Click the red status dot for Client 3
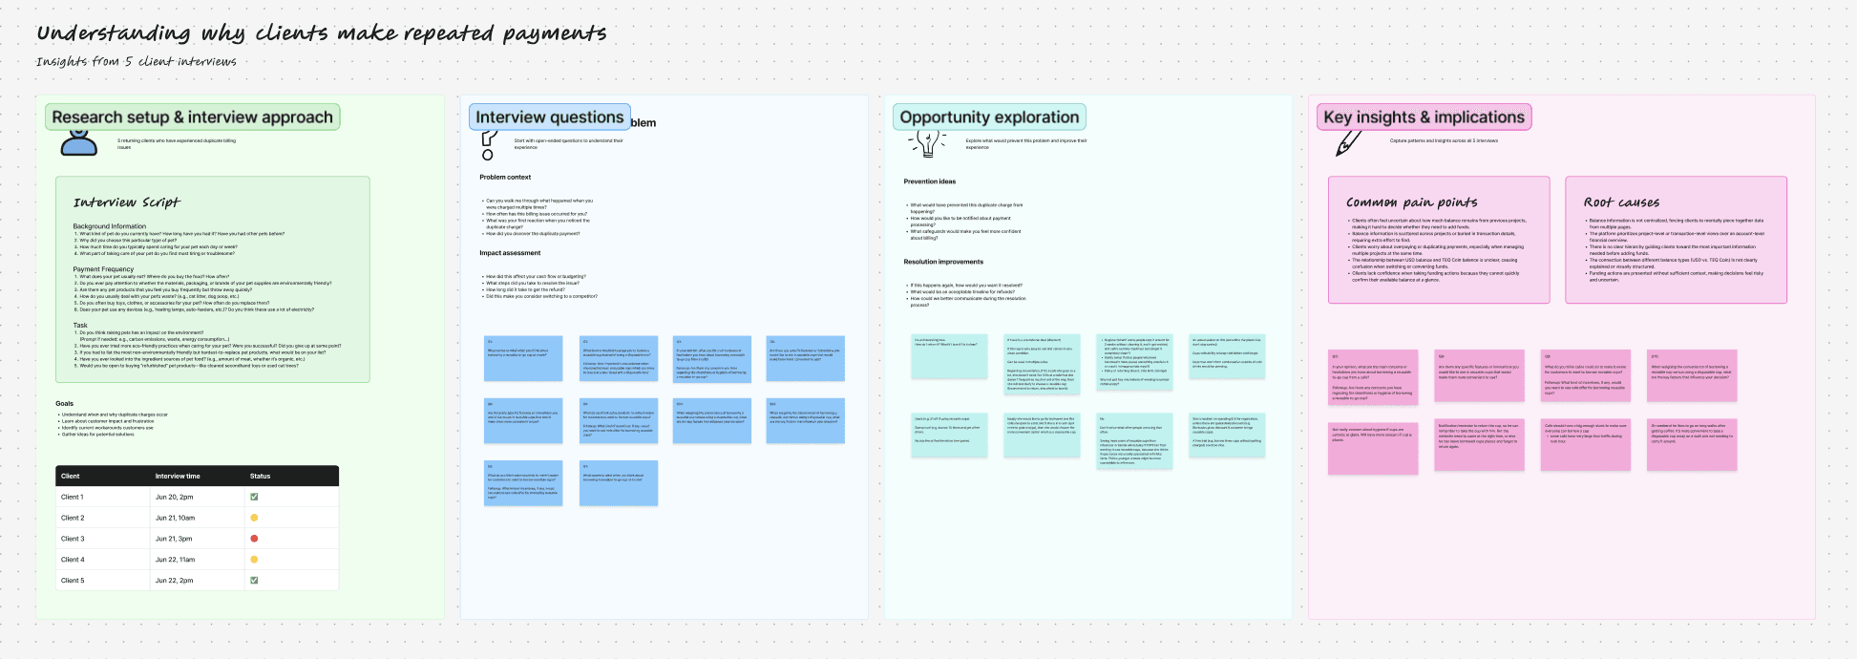pos(254,539)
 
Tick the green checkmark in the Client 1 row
pos(254,497)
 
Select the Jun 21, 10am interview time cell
pos(175,518)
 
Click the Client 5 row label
pos(73,581)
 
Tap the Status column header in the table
pos(260,476)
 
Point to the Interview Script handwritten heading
pos(126,202)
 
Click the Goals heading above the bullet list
pos(64,404)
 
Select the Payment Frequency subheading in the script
pos(103,269)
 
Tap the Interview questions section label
pos(549,117)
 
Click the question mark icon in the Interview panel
pos(488,145)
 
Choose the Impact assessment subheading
pos(510,253)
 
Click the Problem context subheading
pos(505,178)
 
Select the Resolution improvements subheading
pos(943,262)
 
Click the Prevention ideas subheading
pos(929,181)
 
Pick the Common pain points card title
pos(1411,202)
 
